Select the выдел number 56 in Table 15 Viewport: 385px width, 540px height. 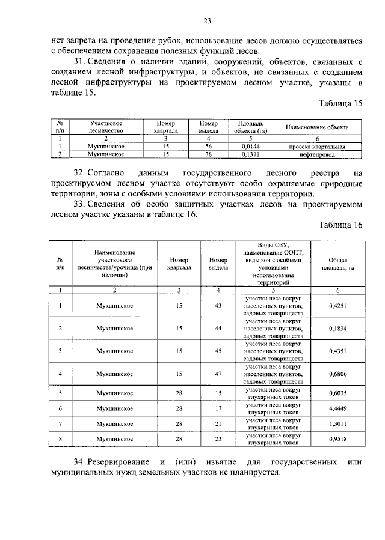208,145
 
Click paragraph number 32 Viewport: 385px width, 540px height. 79,172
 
